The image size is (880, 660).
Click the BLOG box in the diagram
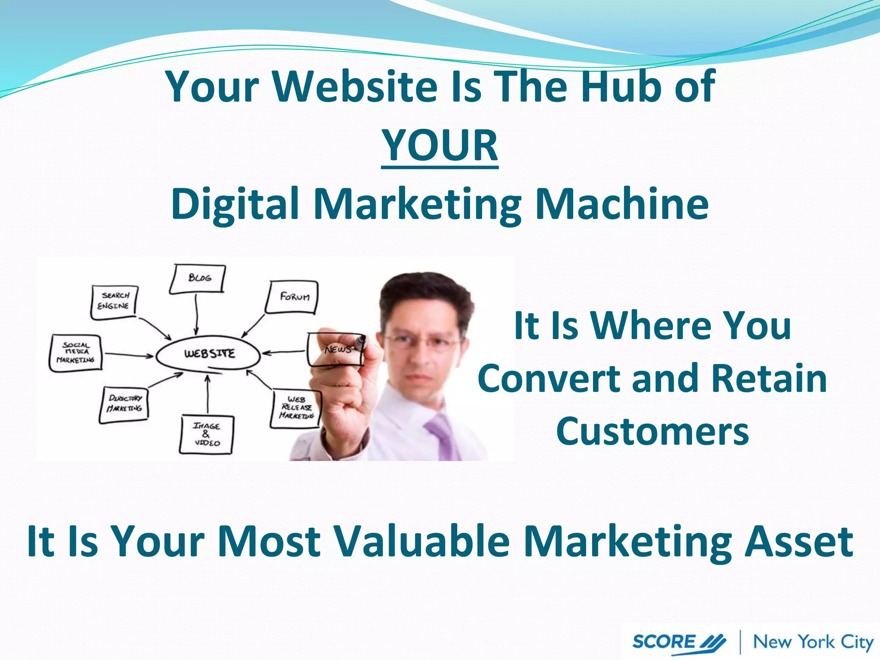coord(198,278)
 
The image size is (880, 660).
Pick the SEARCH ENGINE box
coord(114,302)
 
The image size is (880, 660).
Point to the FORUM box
coord(293,297)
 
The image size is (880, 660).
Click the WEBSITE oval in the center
coord(208,354)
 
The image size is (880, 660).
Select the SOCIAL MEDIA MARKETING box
coord(76,353)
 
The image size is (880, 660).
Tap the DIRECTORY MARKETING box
coord(125,404)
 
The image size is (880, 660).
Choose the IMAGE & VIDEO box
coord(207,434)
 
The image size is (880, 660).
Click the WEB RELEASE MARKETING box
coord(296,408)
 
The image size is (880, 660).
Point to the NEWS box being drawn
coord(335,349)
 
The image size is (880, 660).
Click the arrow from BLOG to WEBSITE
coord(196,314)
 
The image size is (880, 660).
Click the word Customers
coord(652,432)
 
